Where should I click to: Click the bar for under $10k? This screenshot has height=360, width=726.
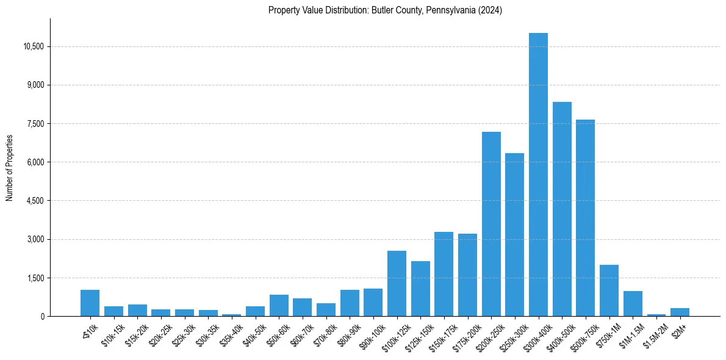click(90, 303)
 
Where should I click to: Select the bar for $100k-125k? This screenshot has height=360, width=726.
click(397, 284)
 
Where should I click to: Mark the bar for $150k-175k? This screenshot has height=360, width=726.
click(444, 274)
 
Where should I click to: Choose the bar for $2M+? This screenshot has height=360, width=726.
click(680, 312)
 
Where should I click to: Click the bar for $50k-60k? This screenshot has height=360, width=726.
click(279, 306)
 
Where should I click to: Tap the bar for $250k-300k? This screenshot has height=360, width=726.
click(514, 235)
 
